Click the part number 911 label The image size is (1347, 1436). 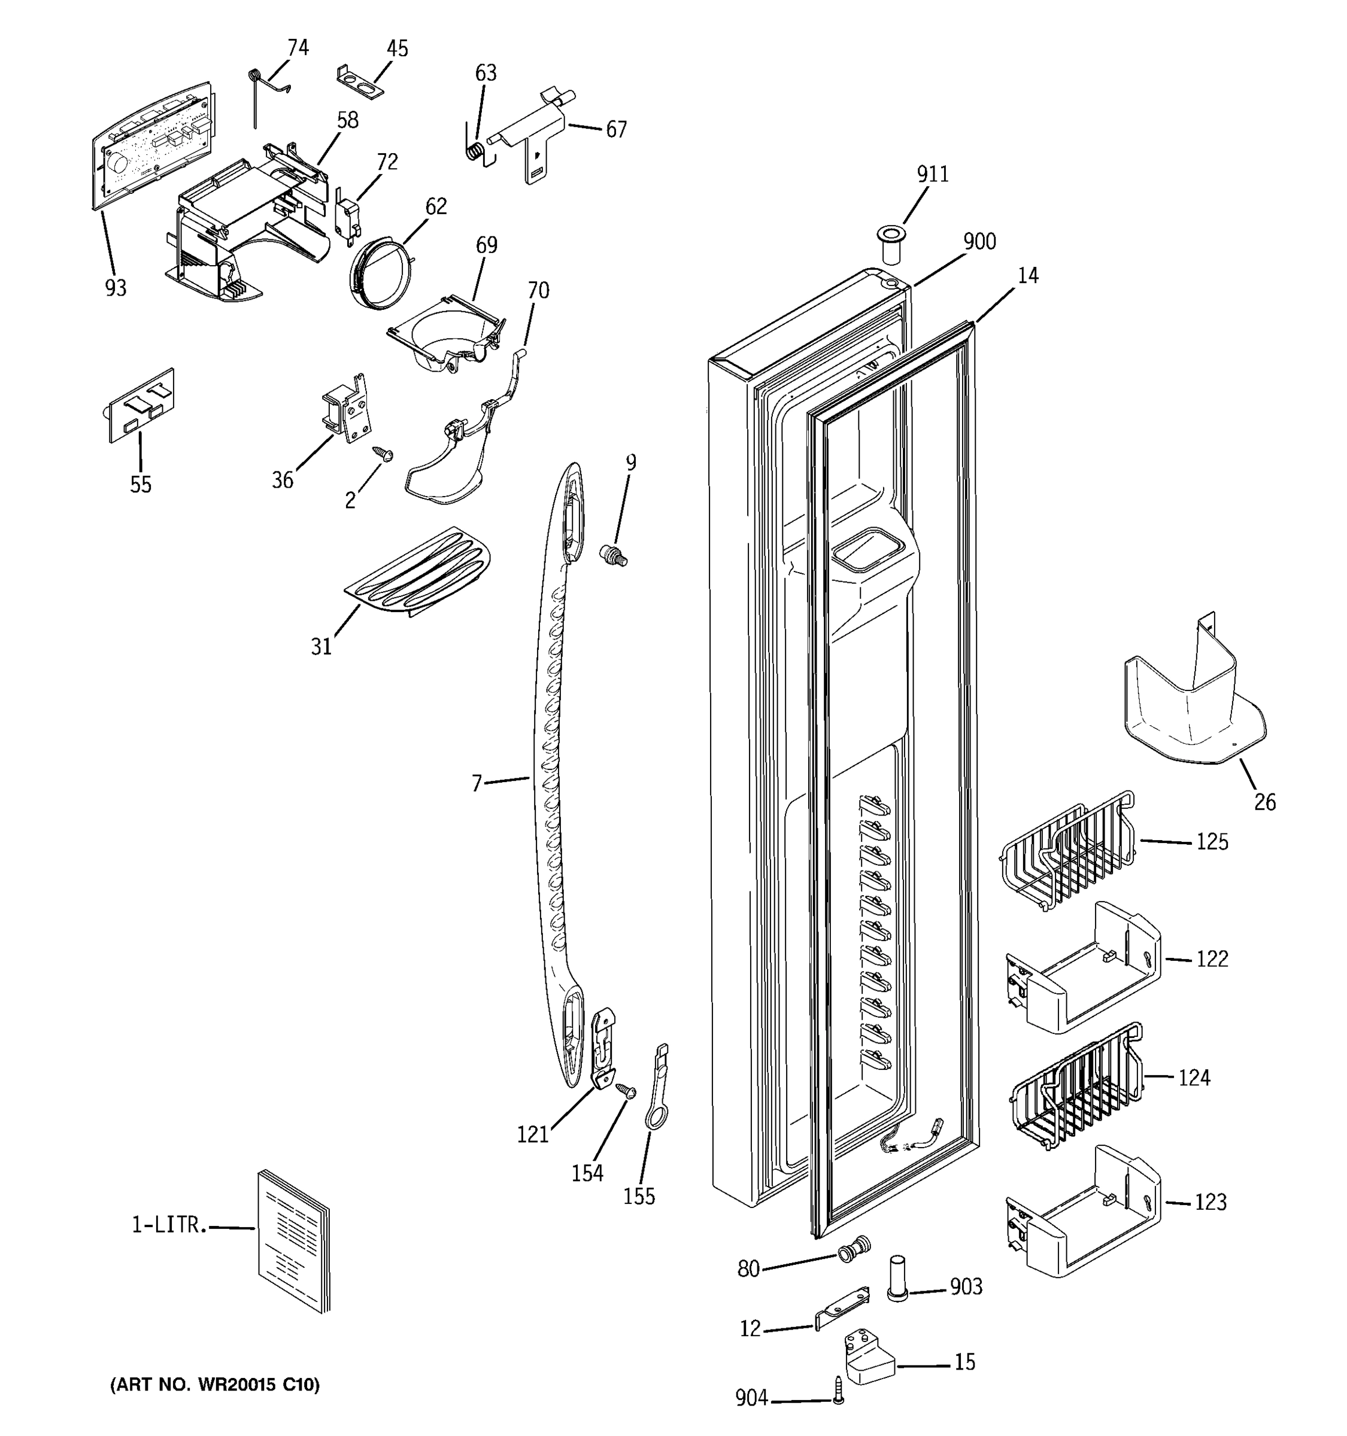click(x=932, y=174)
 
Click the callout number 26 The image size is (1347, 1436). click(x=1264, y=802)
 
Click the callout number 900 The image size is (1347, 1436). click(x=979, y=241)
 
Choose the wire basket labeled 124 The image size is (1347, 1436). click(x=1077, y=1085)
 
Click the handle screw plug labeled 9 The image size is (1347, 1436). click(x=614, y=555)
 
